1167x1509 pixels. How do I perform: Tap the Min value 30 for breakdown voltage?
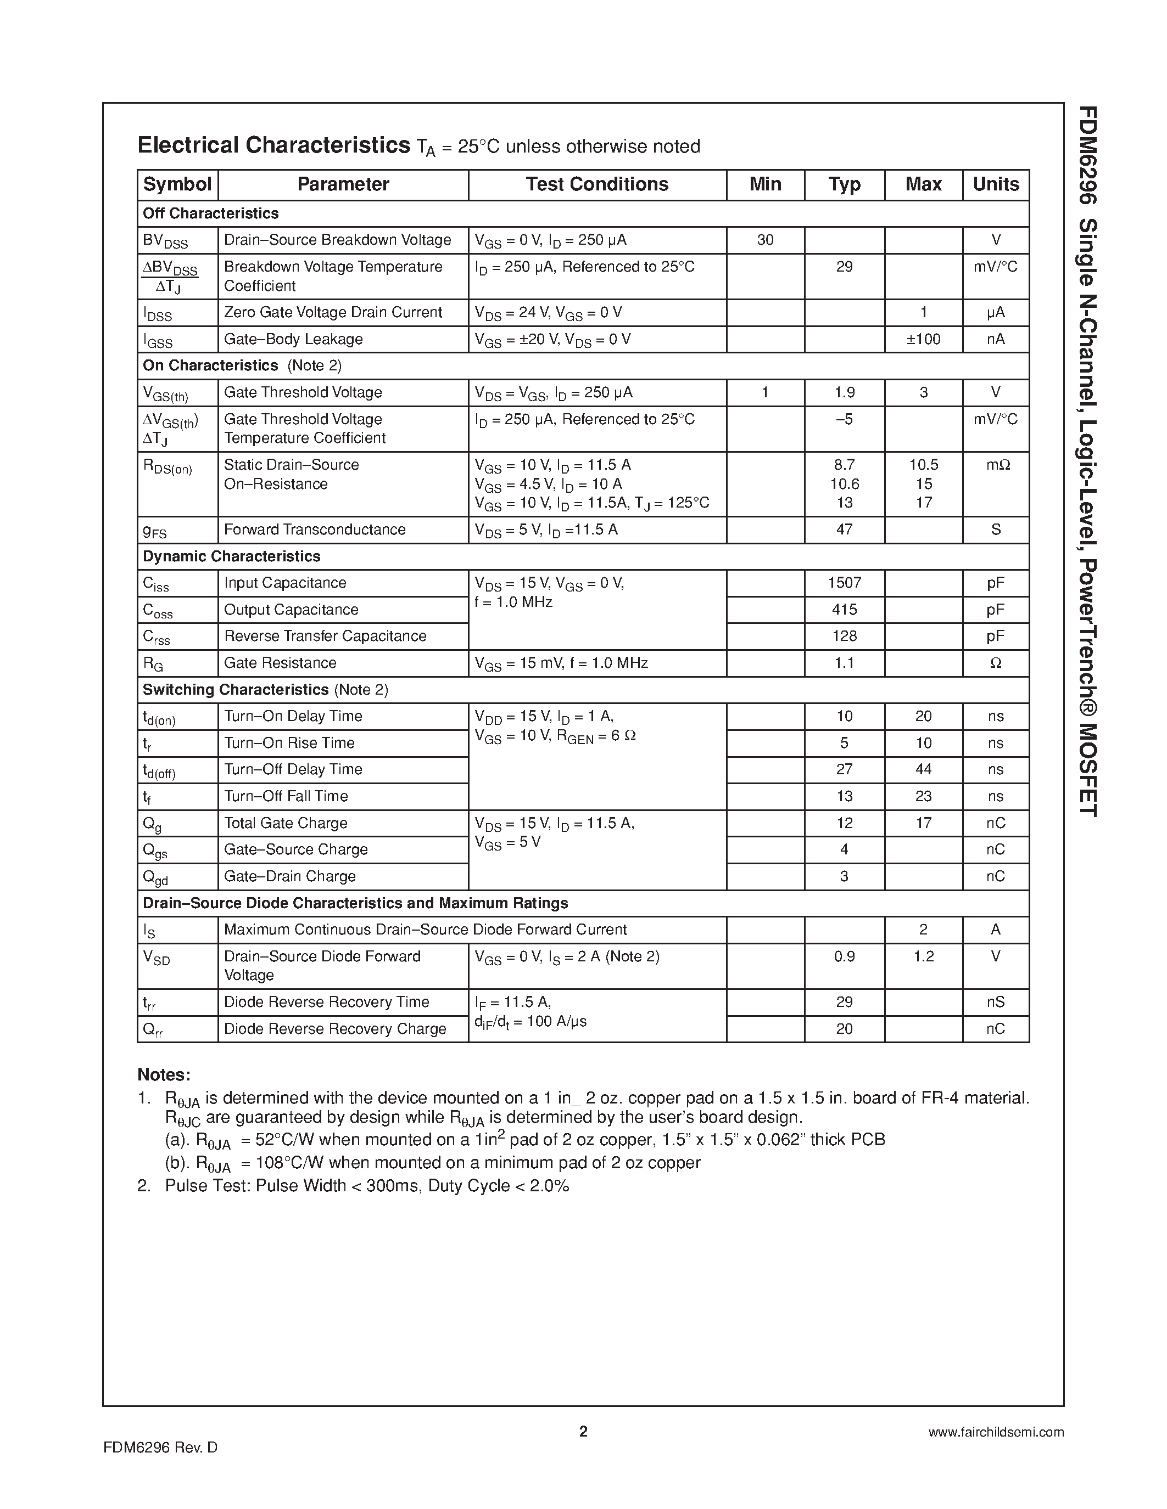tap(766, 240)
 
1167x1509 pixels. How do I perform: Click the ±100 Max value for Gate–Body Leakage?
tap(923, 339)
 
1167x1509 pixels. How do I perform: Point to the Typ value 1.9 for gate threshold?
tap(844, 392)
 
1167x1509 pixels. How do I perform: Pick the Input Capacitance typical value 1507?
tap(844, 583)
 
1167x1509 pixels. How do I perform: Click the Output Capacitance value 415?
tap(844, 610)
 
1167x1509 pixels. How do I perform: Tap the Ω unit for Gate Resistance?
tap(996, 663)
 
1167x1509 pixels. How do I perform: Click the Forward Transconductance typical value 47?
tap(844, 530)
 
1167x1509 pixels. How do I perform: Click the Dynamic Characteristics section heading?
tap(232, 556)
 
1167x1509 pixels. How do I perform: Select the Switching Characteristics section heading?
tap(236, 690)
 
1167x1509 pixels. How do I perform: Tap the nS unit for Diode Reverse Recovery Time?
tap(996, 1002)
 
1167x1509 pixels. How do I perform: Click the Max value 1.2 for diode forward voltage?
tap(923, 956)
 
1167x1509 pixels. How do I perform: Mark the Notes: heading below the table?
tap(164, 1074)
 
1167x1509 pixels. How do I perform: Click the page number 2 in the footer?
tap(583, 1432)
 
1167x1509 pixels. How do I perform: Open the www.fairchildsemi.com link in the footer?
tap(996, 1432)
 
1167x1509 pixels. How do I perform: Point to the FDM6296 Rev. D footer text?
tap(160, 1448)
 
